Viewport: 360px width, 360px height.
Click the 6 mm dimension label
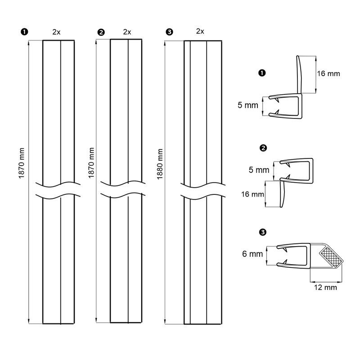(252, 254)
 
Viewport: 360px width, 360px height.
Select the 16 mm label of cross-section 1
(328, 73)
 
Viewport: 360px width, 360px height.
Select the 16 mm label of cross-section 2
(251, 194)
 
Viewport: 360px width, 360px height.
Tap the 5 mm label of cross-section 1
(248, 105)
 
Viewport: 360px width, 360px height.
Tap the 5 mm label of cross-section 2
(258, 170)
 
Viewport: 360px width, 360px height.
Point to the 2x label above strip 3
(200, 31)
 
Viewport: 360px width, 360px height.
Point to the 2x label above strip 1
(56, 31)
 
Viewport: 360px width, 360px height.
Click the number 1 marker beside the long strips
(24, 31)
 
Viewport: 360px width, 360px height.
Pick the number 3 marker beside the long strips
(169, 31)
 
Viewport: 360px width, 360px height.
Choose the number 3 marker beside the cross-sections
(263, 232)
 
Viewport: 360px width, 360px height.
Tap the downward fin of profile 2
(282, 193)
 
